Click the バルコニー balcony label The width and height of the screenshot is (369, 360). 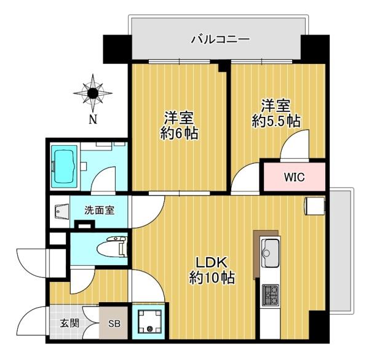pyautogui.click(x=220, y=39)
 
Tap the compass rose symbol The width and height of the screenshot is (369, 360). pyautogui.click(x=93, y=94)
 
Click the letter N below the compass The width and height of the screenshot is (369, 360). pyautogui.click(x=93, y=120)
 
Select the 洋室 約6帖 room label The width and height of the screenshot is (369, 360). pyautogui.click(x=179, y=126)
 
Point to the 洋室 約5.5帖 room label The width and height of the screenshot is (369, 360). pyautogui.click(x=276, y=114)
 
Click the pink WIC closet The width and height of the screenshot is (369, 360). pyautogui.click(x=295, y=177)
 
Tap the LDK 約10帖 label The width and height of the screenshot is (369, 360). pyautogui.click(x=212, y=270)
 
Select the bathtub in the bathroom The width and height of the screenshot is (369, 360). pyautogui.click(x=64, y=167)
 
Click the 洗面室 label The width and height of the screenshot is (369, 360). pyautogui.click(x=100, y=210)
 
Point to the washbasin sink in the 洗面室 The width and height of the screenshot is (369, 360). pyautogui.click(x=61, y=212)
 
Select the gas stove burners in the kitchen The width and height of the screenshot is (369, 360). pyautogui.click(x=271, y=295)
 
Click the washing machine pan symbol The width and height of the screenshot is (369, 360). pyautogui.click(x=150, y=322)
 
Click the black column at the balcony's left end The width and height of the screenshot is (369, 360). pyautogui.click(x=117, y=49)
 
